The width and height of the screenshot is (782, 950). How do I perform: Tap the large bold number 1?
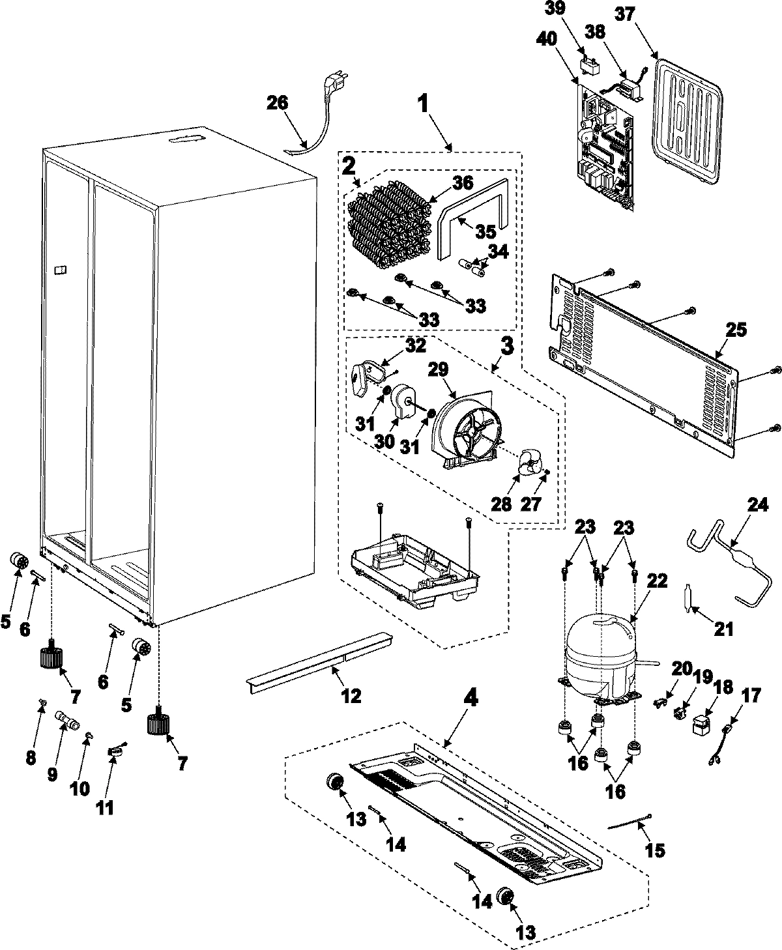(423, 104)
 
